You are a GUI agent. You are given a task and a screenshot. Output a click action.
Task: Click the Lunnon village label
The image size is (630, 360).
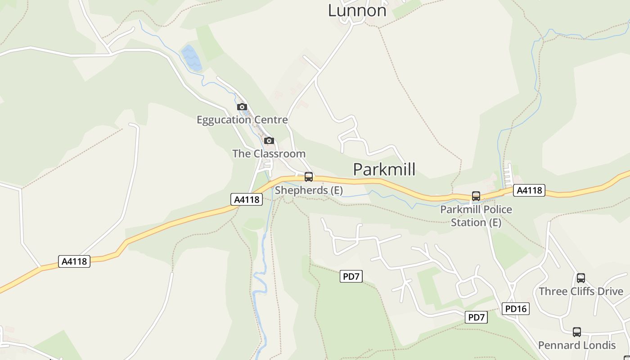coord(357,10)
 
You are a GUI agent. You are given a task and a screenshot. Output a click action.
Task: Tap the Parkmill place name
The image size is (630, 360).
coord(384,170)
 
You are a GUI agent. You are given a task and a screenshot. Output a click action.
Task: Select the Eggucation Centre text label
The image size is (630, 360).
coord(242,120)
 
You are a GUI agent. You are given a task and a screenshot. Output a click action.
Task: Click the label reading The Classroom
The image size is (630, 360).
coord(269,153)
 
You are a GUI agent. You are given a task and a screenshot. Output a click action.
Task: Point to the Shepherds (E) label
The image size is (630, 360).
coord(309,190)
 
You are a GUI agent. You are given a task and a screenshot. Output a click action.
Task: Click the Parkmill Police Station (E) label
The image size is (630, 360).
coord(476,216)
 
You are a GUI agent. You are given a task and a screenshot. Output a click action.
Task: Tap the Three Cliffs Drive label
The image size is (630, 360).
coord(581,291)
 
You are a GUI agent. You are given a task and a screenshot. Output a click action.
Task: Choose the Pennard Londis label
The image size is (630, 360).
coord(577,345)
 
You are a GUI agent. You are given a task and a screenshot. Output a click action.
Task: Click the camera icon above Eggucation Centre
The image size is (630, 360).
coord(242,107)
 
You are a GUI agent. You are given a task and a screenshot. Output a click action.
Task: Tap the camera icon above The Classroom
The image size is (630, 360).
coord(269,140)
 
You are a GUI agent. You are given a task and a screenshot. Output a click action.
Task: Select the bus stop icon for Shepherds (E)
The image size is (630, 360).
coord(309,177)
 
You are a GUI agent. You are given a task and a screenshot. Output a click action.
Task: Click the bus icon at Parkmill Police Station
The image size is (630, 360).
coord(476,196)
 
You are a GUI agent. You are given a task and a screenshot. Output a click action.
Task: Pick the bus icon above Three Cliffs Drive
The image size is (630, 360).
coord(581,278)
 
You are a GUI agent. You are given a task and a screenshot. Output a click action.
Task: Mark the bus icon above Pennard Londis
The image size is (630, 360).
coord(577,332)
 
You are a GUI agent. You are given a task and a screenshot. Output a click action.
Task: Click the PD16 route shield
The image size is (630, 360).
coord(516,309)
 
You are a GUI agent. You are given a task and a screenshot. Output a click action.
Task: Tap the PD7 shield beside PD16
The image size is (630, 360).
coord(476,317)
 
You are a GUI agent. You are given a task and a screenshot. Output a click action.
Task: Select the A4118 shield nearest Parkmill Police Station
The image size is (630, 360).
coord(529,190)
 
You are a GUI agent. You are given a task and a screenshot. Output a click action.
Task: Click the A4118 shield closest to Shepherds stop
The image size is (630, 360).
coord(247,199)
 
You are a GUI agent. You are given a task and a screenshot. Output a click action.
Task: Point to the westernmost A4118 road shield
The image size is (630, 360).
coord(74,261)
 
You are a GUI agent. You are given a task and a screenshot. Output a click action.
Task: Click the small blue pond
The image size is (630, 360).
coord(192,58)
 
